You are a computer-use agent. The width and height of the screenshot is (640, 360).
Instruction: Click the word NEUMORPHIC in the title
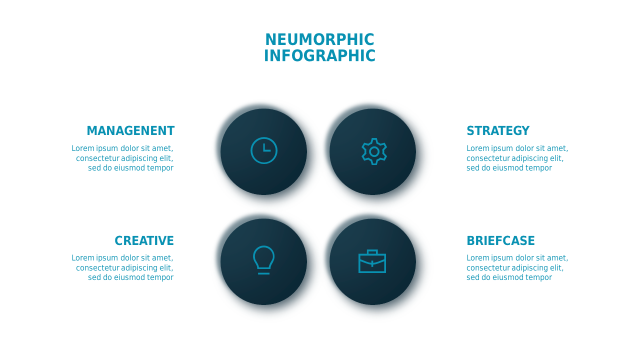(x=319, y=39)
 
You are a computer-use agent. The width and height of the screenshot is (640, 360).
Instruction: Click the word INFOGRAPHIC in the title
(x=319, y=55)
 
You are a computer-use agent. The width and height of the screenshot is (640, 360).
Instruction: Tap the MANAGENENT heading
(x=130, y=131)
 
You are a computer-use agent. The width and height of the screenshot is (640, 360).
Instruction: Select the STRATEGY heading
(x=498, y=131)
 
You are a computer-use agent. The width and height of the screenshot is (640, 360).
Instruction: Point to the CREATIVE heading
(x=144, y=241)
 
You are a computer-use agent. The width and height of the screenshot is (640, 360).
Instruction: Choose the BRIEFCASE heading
(x=500, y=241)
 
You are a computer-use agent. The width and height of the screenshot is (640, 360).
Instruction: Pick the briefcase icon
(x=372, y=262)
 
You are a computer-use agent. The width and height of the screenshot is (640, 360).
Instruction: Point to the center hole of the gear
(x=374, y=151)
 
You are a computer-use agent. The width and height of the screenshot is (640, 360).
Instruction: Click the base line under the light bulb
(x=263, y=273)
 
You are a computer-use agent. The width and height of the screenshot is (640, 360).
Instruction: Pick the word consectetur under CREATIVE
(x=97, y=267)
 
